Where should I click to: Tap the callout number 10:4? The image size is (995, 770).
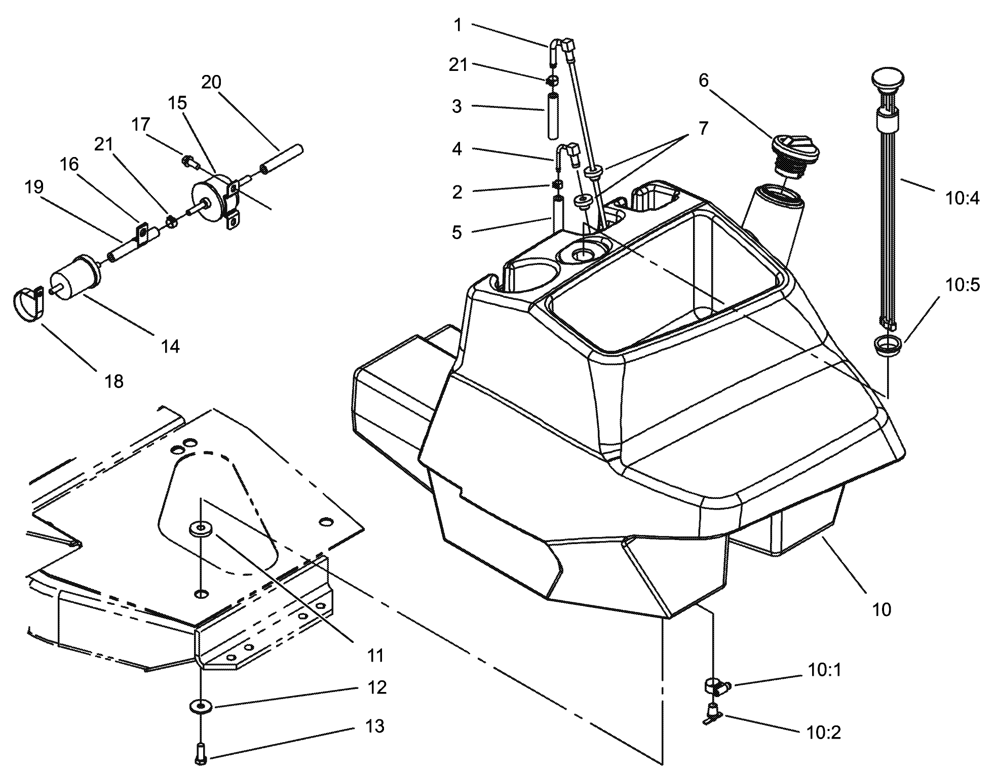962,199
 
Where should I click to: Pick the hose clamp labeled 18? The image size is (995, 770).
26,303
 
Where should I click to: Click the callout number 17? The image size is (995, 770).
141,125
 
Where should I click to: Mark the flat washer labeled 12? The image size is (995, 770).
201,705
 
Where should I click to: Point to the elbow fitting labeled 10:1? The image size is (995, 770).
716,687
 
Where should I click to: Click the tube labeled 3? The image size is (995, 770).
552,115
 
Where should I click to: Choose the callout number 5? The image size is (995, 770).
456,233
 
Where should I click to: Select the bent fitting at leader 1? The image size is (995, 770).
557,48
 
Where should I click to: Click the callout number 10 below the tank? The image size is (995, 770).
882,609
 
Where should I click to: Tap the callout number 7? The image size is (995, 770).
703,129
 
